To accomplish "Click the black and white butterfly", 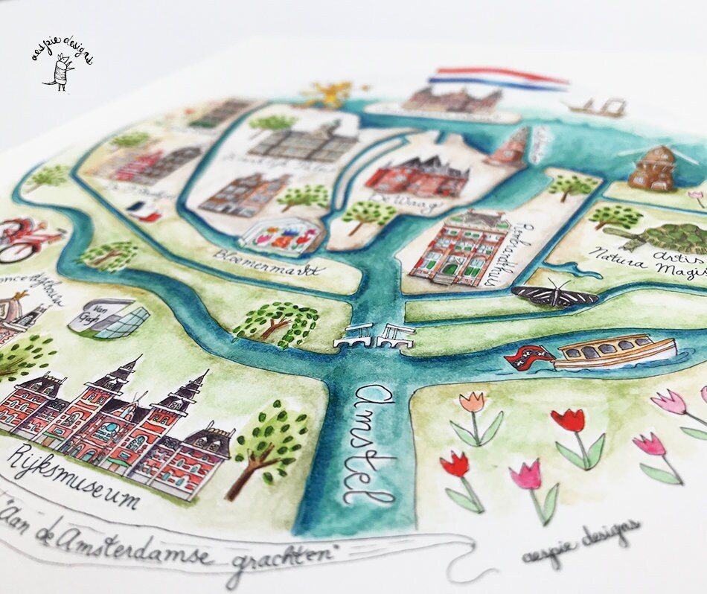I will (x=555, y=295).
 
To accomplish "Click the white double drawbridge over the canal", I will (x=374, y=336).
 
